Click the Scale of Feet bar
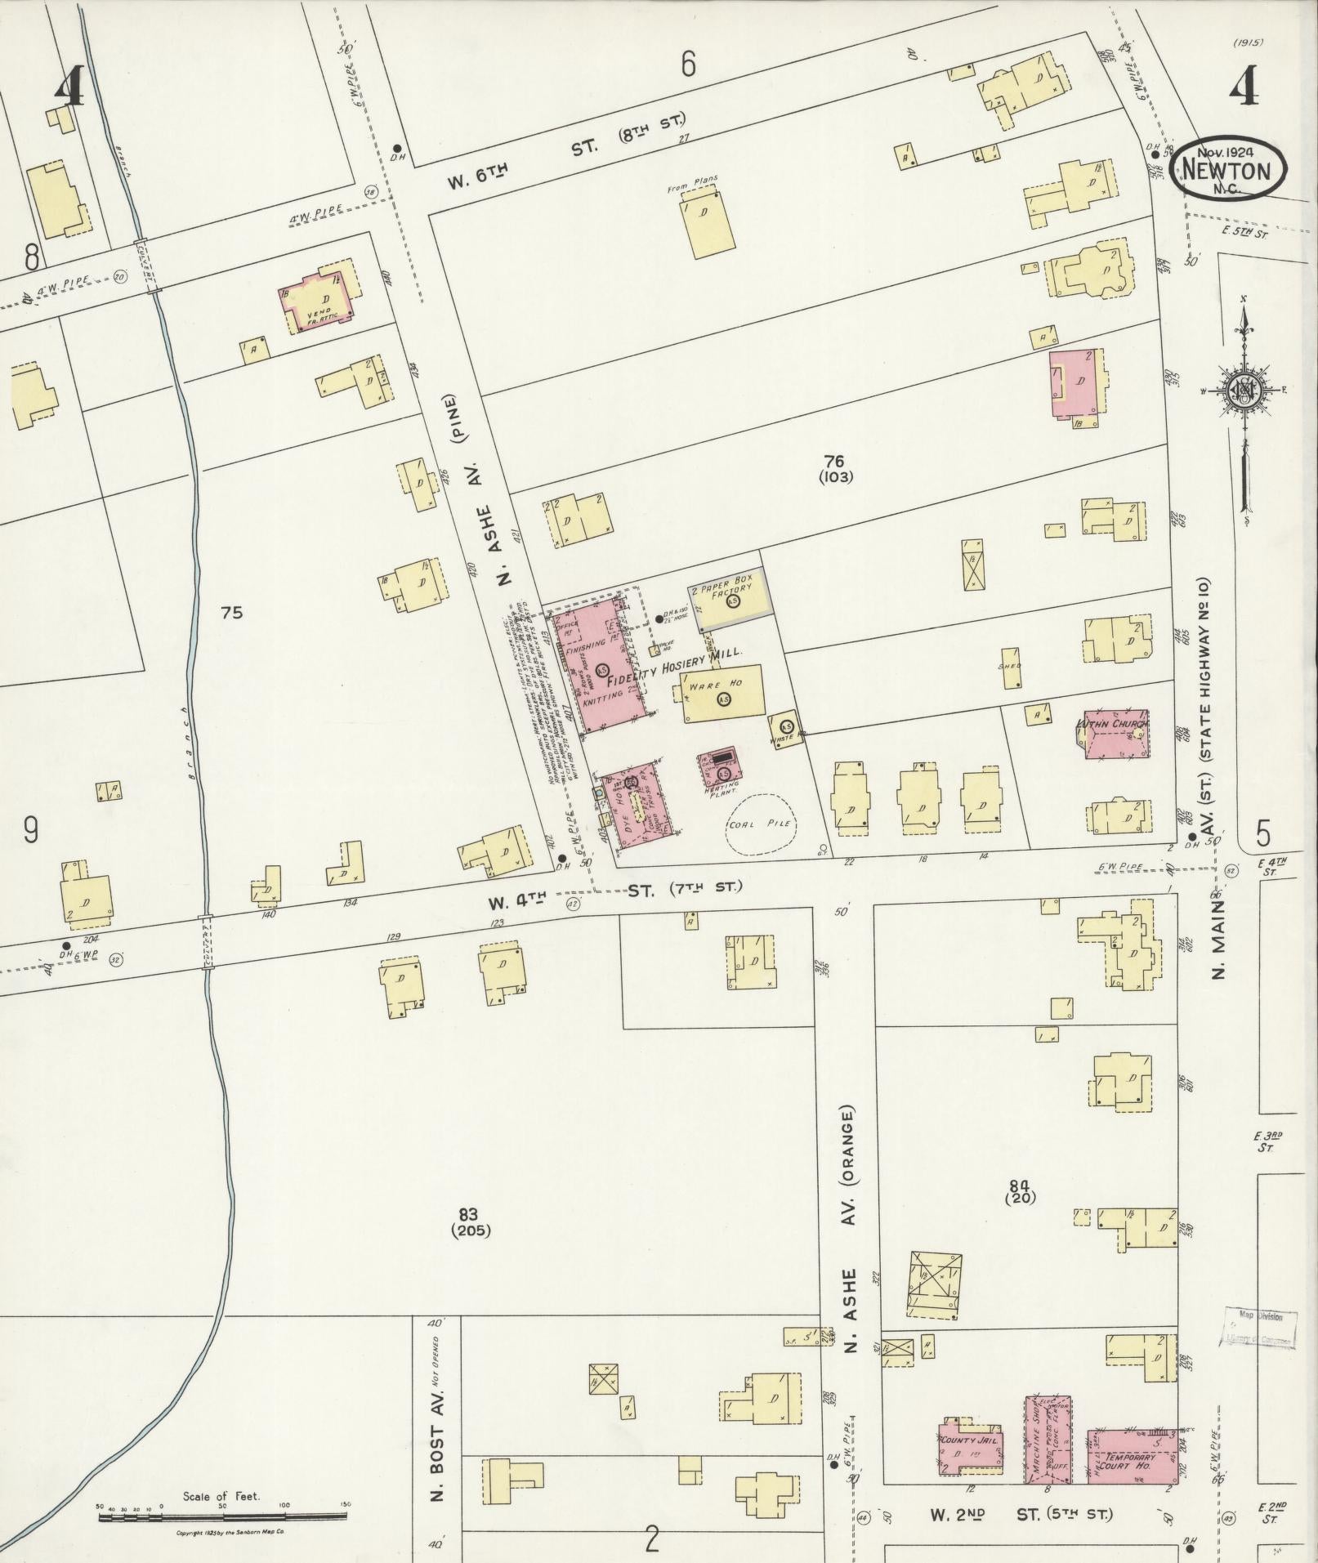(x=220, y=1516)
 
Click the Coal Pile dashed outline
(x=761, y=824)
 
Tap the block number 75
(x=232, y=612)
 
